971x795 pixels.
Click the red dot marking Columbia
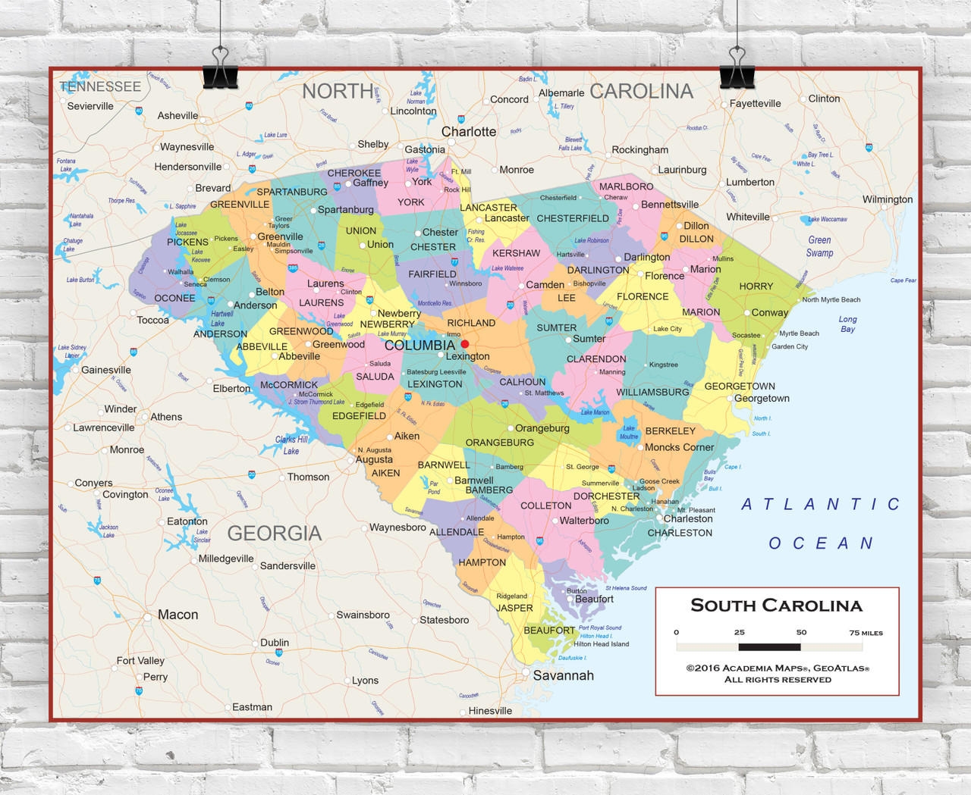(465, 344)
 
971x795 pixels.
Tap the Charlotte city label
(468, 132)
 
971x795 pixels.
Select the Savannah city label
(563, 675)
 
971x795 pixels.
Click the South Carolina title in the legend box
(776, 606)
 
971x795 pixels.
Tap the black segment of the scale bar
(769, 647)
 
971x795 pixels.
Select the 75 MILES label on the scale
(866, 633)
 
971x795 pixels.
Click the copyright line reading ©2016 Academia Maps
(778, 668)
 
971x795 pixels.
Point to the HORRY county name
(756, 286)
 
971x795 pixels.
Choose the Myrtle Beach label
(799, 333)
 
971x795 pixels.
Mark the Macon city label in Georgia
(178, 615)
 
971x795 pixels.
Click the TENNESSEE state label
(100, 87)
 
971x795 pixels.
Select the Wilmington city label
(888, 199)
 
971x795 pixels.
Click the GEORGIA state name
(275, 534)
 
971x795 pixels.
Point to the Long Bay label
(847, 324)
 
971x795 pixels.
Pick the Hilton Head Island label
(601, 644)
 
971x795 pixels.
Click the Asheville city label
(178, 116)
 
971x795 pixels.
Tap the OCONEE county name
(174, 298)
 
